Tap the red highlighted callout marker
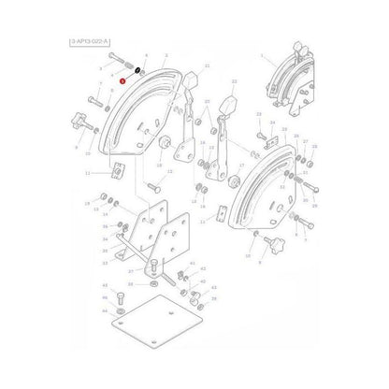122,82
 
